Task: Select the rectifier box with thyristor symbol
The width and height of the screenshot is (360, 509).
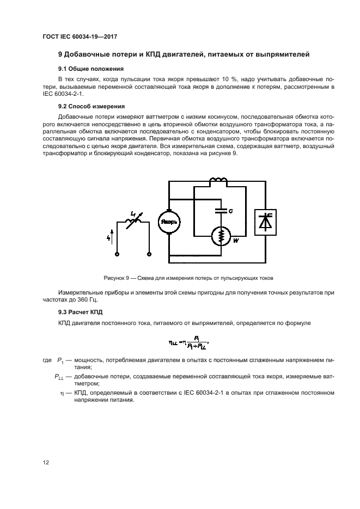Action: (x=266, y=222)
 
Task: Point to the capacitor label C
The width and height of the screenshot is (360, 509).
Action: (x=230, y=210)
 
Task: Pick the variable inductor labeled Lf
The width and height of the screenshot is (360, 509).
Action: (x=131, y=222)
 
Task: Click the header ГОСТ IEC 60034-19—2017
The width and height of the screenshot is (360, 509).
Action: (x=80, y=36)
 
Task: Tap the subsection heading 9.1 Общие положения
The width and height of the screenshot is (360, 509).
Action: (x=91, y=69)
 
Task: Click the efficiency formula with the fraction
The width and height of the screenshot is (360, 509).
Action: (x=188, y=342)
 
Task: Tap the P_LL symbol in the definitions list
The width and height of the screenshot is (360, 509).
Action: (x=60, y=376)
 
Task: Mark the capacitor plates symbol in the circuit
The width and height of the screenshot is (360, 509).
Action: (x=221, y=207)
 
